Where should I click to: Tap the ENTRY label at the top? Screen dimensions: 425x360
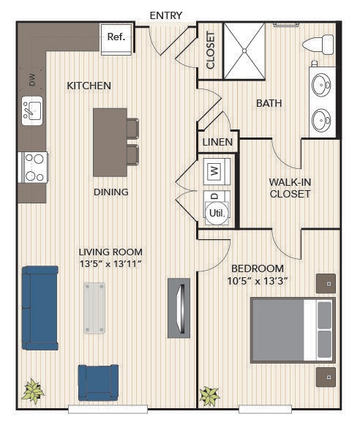[x=165, y=15]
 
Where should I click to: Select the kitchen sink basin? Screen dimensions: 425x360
[x=33, y=111]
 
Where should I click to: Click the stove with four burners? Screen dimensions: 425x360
[x=33, y=166]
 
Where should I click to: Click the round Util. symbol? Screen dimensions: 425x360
[x=217, y=212]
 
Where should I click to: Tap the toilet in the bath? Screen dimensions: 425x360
[x=318, y=44]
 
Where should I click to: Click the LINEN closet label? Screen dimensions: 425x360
[x=217, y=142]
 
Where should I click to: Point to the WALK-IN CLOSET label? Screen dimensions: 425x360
[x=290, y=187]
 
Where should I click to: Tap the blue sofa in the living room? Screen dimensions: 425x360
[x=40, y=308]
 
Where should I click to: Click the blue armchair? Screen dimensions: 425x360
[x=97, y=382]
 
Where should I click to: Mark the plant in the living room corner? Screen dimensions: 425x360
[x=32, y=391]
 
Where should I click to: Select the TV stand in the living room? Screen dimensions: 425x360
[x=179, y=307]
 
